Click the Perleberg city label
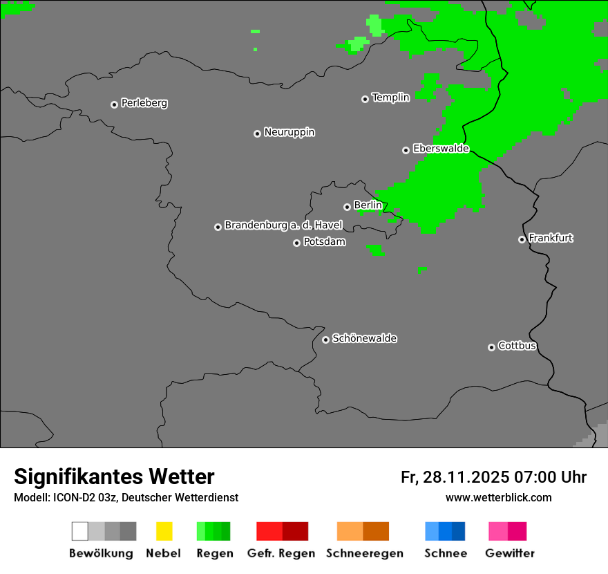[144, 103]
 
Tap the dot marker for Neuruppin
[257, 133]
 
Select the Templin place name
[390, 98]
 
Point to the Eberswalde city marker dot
[406, 150]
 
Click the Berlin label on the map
[368, 205]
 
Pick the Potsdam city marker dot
[296, 243]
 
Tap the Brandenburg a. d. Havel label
[283, 225]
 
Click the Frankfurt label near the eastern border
[551, 238]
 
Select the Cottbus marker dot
[491, 347]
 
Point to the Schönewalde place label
[364, 338]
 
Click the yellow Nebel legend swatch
[164, 531]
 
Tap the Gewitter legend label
[509, 553]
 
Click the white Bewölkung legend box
[80, 531]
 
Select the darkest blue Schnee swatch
[458, 531]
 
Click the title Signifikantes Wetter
[114, 476]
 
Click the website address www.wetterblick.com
[498, 497]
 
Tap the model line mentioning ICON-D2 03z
[126, 497]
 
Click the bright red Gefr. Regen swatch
[269, 531]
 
